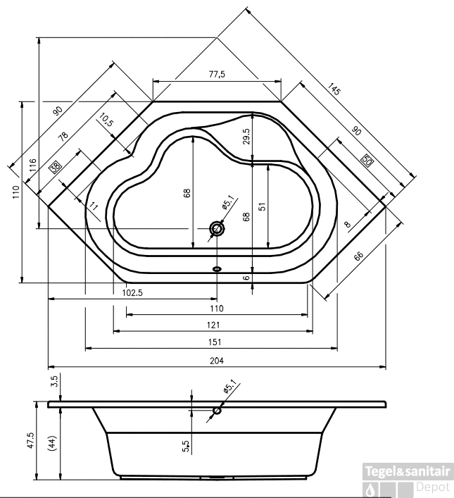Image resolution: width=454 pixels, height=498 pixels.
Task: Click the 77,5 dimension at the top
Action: coord(216,75)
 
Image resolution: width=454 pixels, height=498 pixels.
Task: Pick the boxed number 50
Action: coord(367,159)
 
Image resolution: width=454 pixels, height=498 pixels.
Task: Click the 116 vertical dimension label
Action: coord(32,167)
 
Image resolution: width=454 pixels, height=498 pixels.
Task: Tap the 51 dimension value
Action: coord(261,206)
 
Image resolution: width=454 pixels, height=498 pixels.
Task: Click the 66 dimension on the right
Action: coord(358,256)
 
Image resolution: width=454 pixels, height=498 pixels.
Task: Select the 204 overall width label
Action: coord(216,361)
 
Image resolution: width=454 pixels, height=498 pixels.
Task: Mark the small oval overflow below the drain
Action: coord(217,268)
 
